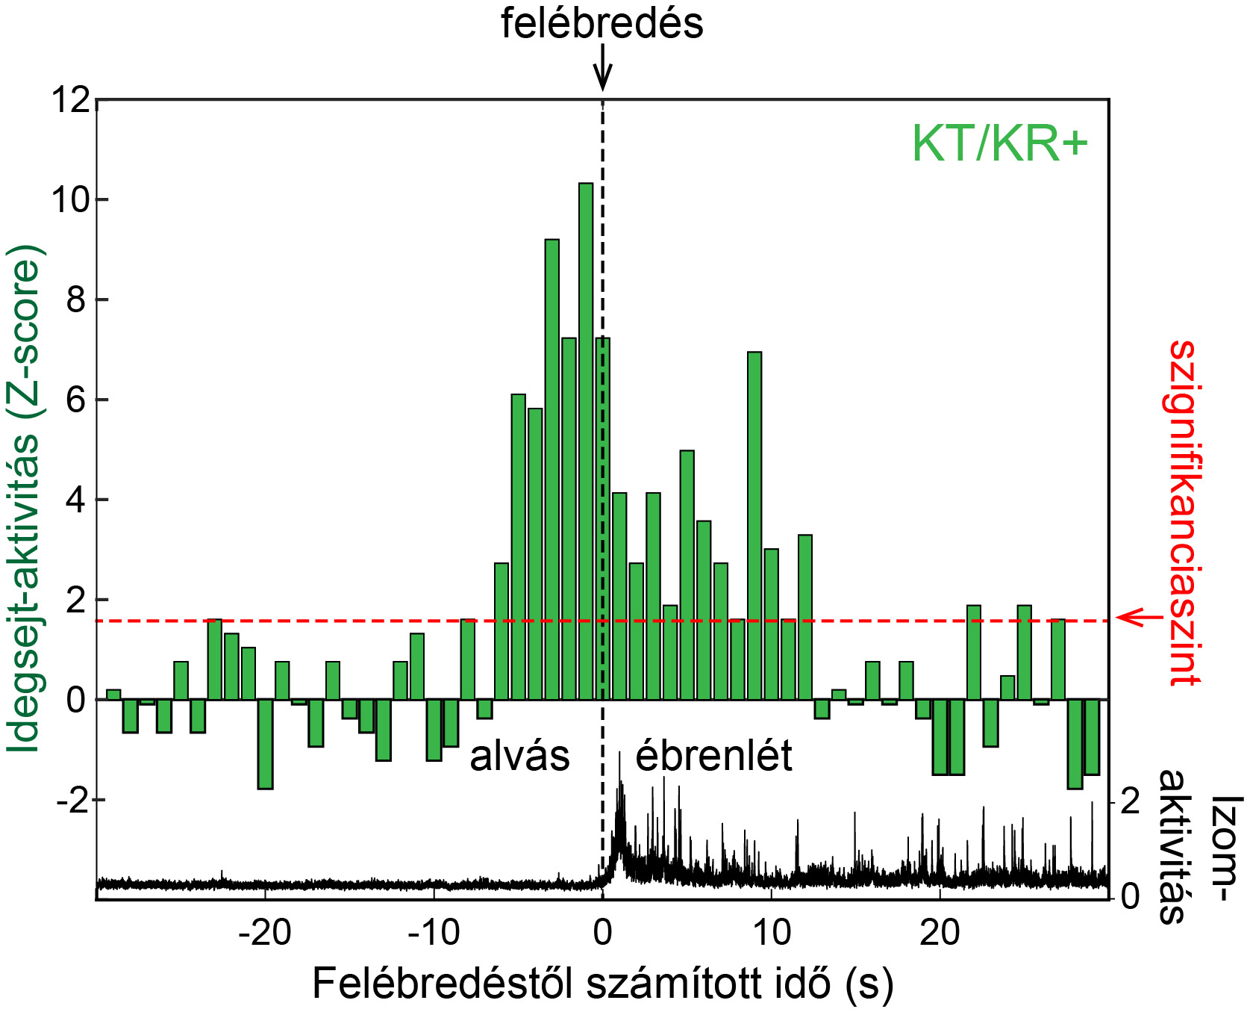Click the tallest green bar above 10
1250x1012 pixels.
tap(586, 441)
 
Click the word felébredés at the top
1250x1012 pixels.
tap(601, 23)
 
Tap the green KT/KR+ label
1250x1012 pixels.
tap(999, 143)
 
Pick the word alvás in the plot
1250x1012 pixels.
tap(519, 756)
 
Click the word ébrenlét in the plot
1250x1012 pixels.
tap(713, 756)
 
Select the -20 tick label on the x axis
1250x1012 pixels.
tap(265, 933)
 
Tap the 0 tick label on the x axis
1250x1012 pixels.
tap(602, 933)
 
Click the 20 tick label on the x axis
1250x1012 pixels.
tap(940, 933)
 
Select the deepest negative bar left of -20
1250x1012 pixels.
tap(265, 744)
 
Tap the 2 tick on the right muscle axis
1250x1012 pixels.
tap(1131, 801)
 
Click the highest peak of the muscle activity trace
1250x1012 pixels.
tap(619, 754)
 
